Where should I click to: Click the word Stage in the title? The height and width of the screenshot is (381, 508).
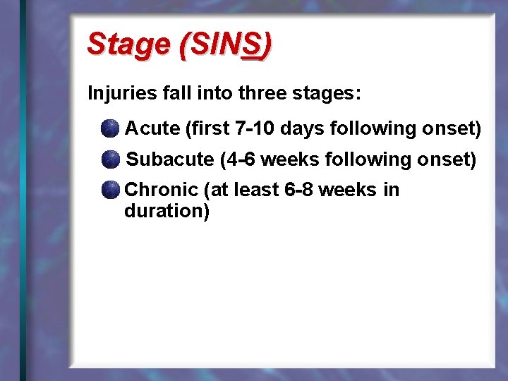coord(128,44)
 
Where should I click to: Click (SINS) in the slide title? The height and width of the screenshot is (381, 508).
coord(225,44)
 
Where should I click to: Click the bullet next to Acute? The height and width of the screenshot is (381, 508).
coord(109,128)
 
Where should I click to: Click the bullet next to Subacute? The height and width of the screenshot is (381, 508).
coord(109,159)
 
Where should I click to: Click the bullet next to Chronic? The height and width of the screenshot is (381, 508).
coord(109,190)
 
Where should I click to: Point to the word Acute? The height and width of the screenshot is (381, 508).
coord(152,128)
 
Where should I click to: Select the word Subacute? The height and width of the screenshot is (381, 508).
coord(169,159)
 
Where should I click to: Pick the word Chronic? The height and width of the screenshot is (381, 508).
coord(161,190)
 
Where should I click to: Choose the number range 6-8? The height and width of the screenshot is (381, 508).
coord(298,190)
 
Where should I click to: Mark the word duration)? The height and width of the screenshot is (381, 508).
coord(167,211)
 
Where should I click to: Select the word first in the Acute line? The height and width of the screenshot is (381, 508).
coord(205,128)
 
